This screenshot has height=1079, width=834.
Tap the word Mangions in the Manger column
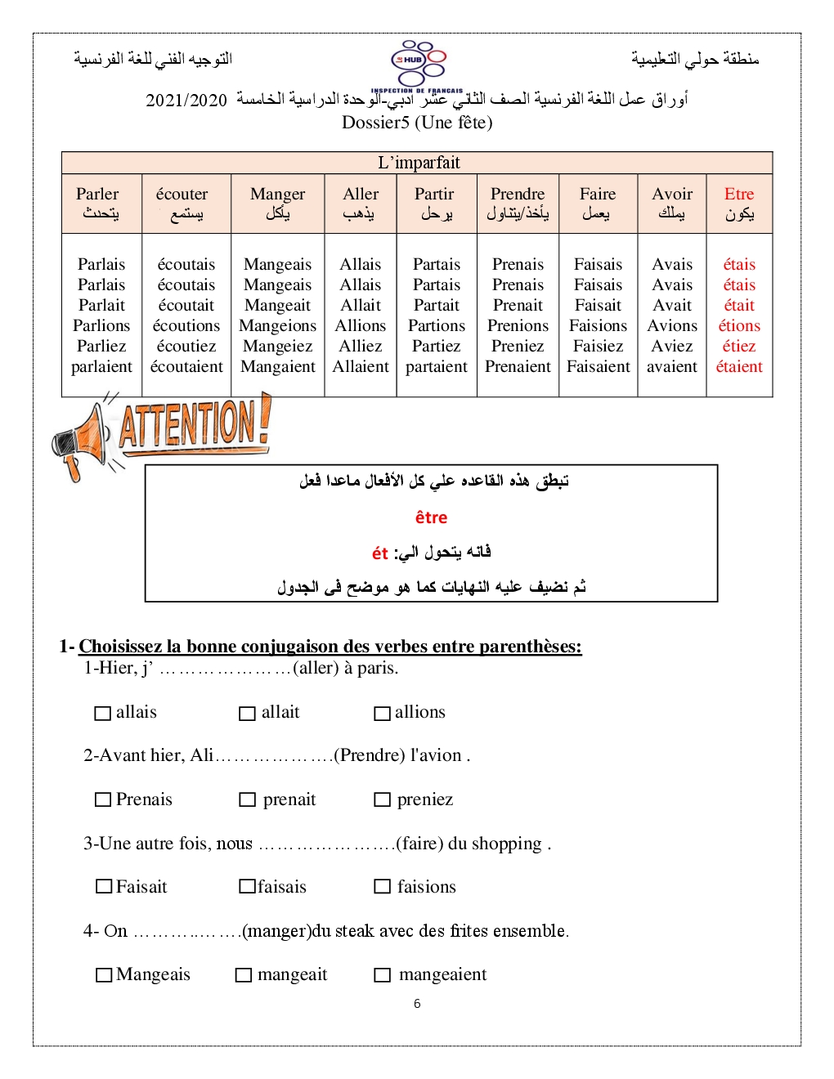277,326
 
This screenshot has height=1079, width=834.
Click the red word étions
739,326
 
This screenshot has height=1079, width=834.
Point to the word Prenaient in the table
518,367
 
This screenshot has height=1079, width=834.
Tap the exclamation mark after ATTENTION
264,419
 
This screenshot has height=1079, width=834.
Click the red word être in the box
431,517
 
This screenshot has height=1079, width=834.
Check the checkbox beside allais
103,714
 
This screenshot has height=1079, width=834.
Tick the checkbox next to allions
382,714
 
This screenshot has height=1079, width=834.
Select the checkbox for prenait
247,800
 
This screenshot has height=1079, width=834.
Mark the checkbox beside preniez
382,800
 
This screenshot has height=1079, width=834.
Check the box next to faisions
382,887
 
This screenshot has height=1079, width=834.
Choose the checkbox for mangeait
243,975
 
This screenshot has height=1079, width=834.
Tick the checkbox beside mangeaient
382,975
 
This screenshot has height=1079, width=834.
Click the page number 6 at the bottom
417,1004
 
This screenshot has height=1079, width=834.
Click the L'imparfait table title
419,163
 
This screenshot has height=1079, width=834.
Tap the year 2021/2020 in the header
186,101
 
